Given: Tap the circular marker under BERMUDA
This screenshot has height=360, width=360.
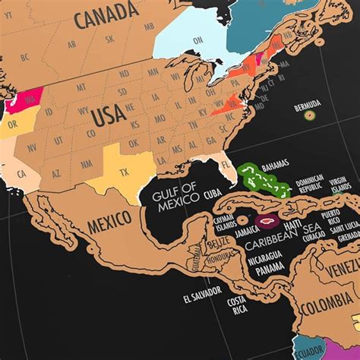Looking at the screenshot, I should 309,115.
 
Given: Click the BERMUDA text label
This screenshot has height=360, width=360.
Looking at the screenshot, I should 308,103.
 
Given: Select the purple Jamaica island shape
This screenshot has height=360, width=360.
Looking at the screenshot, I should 266,222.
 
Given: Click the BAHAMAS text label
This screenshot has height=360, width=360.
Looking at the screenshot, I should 275,166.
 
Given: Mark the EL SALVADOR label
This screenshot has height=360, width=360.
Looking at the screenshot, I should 202,290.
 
